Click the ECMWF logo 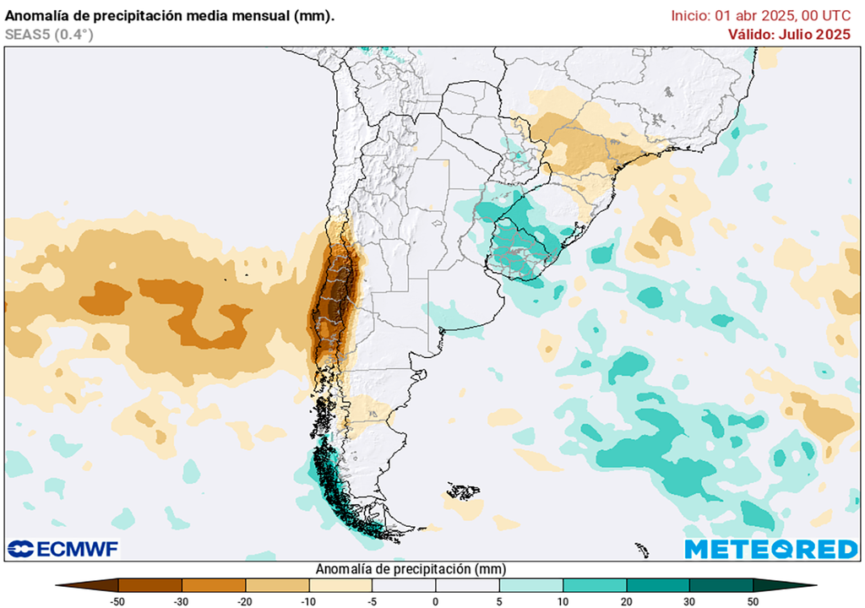(x=63, y=549)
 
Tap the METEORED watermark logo (x=770, y=549)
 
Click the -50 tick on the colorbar (x=118, y=600)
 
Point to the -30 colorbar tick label (x=182, y=600)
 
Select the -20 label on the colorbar (x=245, y=600)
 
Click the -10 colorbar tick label (x=308, y=600)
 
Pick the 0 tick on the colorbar (x=436, y=600)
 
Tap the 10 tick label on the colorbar (x=563, y=600)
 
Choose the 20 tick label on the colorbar (x=626, y=600)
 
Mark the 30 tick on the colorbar (x=689, y=600)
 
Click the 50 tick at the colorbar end (x=753, y=600)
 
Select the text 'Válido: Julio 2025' (x=789, y=34)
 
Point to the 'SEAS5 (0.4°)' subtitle (x=49, y=34)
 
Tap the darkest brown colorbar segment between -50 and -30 (x=150, y=584)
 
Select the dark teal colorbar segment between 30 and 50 (x=721, y=584)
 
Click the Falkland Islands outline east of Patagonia (x=463, y=491)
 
